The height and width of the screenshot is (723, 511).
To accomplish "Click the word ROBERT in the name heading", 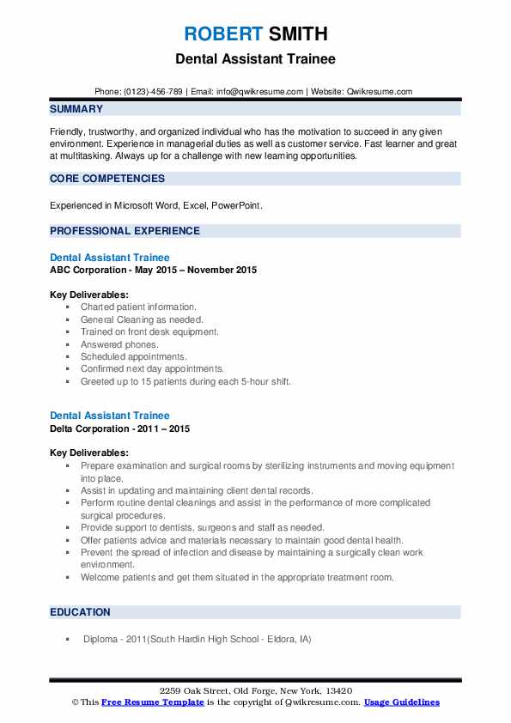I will pos(223,34).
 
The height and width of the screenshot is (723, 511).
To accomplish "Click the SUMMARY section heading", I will pos(76,109).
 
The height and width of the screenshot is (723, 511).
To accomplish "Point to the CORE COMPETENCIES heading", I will pos(107,179).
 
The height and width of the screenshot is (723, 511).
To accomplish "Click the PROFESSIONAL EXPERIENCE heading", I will pos(125,231).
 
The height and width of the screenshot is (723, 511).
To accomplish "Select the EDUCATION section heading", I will pos(80,612).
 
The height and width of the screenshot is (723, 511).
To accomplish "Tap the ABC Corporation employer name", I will pos(92,270).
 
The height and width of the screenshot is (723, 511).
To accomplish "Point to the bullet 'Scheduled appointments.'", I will pos(133,356).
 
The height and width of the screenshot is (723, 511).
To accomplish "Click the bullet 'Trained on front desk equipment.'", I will pos(149,331).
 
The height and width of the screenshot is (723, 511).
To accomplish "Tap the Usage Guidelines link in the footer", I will pos(402,702).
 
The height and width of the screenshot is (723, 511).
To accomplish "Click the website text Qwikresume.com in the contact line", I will pos(381,92).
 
